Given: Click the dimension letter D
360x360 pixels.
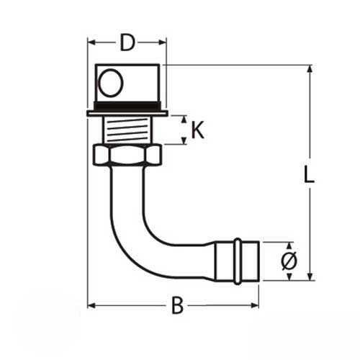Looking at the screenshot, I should click(x=127, y=43).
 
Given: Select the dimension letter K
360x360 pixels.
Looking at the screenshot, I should click(x=197, y=130).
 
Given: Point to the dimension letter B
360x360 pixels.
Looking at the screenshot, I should click(x=176, y=305).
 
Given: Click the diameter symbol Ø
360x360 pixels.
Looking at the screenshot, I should click(x=287, y=261).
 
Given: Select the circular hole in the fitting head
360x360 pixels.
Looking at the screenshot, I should click(x=111, y=84).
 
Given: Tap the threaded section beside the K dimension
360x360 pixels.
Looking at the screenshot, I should click(x=127, y=130).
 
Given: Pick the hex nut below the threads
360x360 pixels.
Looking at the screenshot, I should click(x=127, y=155).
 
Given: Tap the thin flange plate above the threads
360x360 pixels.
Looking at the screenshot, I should click(x=127, y=113).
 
